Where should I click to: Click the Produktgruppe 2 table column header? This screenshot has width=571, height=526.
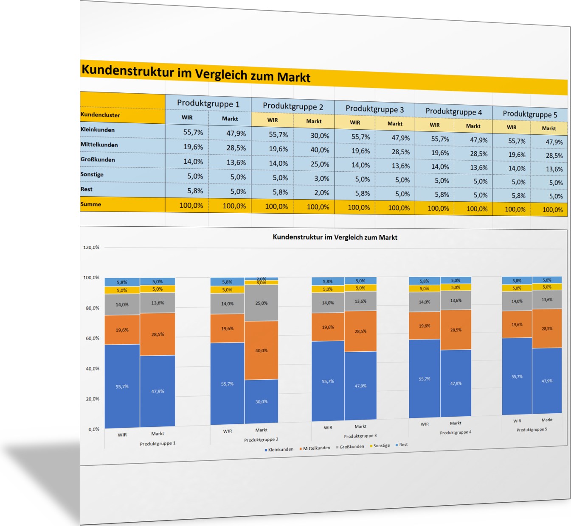coord(293,106)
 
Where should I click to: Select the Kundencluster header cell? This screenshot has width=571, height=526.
coord(100,115)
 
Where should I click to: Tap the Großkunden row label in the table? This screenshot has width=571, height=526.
coord(98,159)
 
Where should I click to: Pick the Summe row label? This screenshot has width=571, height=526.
coord(91,204)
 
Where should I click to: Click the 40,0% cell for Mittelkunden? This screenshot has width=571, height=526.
coord(319,150)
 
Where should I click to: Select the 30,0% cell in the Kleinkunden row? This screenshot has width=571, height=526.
coord(319,136)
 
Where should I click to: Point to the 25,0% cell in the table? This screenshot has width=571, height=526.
coord(319,164)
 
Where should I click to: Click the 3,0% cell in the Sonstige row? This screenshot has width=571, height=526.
coord(321,178)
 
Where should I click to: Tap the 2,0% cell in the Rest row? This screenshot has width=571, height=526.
coord(321,193)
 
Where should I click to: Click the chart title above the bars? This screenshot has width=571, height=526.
coord(335,237)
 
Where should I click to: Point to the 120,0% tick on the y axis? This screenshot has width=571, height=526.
coord(91,248)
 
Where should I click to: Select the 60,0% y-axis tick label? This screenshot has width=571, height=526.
coord(93,338)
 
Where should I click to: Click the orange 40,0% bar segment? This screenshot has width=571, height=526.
coord(261,351)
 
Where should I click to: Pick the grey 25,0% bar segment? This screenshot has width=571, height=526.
coord(261,303)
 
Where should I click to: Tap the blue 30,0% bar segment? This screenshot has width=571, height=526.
coord(261,401)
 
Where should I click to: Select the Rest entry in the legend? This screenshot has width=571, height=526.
coord(403,445)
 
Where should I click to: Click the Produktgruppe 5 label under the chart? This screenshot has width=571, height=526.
coord(532,430)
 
